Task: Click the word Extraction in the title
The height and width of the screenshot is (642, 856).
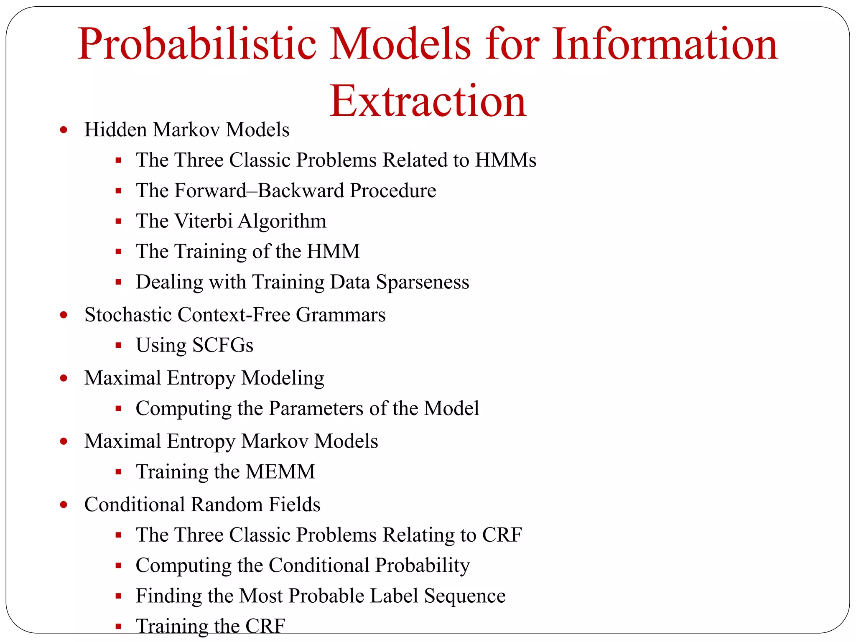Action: coord(428,101)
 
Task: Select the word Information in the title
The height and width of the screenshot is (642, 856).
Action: coord(665,44)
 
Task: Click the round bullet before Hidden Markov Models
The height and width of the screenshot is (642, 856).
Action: coord(64,130)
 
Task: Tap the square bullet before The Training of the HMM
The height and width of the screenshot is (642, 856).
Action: coord(119,252)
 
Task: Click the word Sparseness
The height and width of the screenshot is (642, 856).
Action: coord(423,282)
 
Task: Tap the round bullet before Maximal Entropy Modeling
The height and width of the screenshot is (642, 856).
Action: coord(64,378)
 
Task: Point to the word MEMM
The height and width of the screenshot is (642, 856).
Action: coord(280,472)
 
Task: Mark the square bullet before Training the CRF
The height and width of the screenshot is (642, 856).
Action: coord(119,627)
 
